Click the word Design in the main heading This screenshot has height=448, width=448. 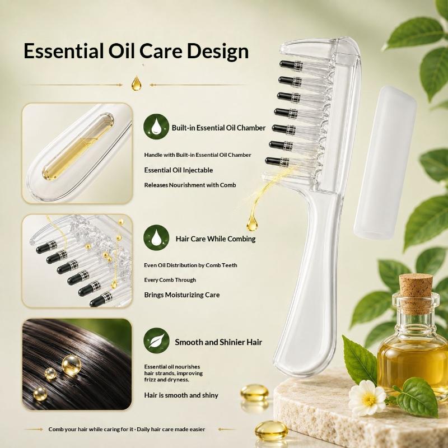click(x=218, y=52)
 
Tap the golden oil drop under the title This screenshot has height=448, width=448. click(x=136, y=83)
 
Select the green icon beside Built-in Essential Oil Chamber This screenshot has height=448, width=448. click(x=156, y=127)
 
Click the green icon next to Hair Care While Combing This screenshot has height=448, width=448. click(x=156, y=237)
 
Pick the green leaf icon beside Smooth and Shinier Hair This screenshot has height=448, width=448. click(x=157, y=340)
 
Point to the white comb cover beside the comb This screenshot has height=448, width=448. click(x=384, y=161)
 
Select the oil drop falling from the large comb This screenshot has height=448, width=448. click(x=252, y=223)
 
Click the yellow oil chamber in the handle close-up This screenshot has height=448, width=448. click(x=78, y=147)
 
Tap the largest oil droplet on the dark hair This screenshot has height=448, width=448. click(x=71, y=365)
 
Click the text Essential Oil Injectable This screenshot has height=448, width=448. click(x=179, y=170)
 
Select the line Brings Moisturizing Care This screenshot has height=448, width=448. click(x=181, y=295)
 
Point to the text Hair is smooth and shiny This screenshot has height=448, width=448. click(x=181, y=395)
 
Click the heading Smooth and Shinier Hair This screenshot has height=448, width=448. click(x=218, y=342)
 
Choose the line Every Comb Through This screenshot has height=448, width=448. click(x=170, y=280)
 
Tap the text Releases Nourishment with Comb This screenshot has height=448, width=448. click(x=190, y=185)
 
